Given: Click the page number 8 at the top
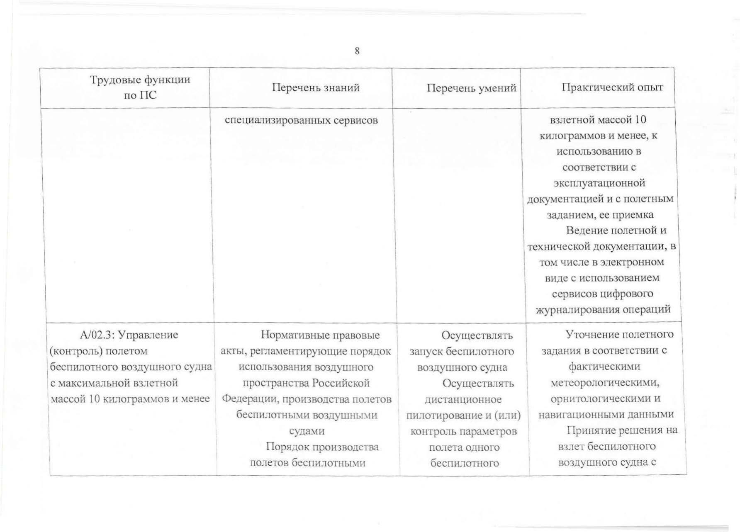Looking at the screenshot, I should point(357,51).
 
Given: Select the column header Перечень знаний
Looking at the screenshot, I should point(316,87).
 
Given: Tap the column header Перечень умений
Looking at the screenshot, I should point(472,88).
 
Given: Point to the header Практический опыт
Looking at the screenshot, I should point(613,87).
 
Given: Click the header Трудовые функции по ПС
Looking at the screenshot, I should point(140,87).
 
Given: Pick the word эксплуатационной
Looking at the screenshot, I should point(599,183).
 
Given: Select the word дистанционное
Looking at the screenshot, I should point(463,399).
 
